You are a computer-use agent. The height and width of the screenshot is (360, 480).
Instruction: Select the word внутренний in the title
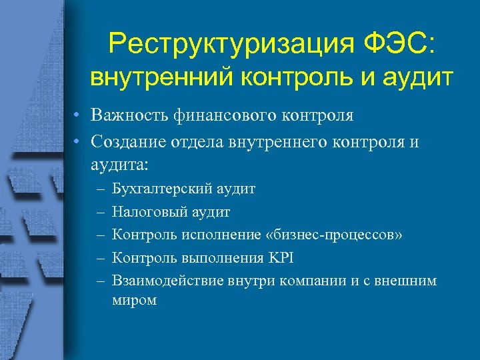pyautogui.click(x=157, y=77)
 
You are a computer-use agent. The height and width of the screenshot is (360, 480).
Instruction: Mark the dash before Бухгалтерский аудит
pyautogui.click(x=100, y=190)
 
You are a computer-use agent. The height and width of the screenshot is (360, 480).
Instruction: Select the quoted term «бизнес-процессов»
pyautogui.click(x=323, y=235)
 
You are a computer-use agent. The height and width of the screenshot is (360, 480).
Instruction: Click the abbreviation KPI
pyautogui.click(x=281, y=257)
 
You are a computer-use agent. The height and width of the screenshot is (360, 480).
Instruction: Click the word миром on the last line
pyautogui.click(x=135, y=300)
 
